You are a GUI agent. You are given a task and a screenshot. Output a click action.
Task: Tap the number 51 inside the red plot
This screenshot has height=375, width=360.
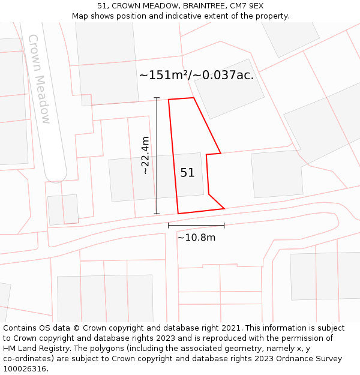[x=187, y=173]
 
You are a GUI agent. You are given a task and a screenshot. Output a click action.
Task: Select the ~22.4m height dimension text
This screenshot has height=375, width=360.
[x=145, y=155]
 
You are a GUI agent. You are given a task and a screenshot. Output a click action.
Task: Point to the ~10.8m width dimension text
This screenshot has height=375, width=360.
[x=196, y=237]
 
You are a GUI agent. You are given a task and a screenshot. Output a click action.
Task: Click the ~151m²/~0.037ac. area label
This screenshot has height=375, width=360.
[x=196, y=75]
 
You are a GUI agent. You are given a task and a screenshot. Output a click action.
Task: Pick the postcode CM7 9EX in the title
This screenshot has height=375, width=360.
[x=247, y=6]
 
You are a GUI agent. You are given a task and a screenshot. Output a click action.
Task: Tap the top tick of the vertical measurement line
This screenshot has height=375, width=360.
[x=157, y=97]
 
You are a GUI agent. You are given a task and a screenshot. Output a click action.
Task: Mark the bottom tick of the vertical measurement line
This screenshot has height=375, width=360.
[x=157, y=214]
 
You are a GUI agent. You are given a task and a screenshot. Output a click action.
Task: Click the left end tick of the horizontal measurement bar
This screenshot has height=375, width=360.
[x=169, y=226]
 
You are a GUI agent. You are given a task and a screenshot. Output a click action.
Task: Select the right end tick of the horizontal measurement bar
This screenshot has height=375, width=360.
[x=224, y=226]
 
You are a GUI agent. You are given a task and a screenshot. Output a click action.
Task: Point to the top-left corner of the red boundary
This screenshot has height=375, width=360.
[x=169, y=100]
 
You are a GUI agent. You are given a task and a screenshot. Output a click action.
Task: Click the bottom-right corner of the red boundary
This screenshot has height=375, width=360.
[x=224, y=208]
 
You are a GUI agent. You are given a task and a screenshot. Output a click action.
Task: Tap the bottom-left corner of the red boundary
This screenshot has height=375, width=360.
[x=178, y=213]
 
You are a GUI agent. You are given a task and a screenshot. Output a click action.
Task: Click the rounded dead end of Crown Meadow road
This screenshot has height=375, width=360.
[x=55, y=175]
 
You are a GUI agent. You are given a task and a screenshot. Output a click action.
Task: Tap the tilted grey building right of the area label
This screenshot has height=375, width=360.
[x=229, y=89]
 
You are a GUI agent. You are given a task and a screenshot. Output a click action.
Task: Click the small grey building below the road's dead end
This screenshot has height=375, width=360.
[x=63, y=209]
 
